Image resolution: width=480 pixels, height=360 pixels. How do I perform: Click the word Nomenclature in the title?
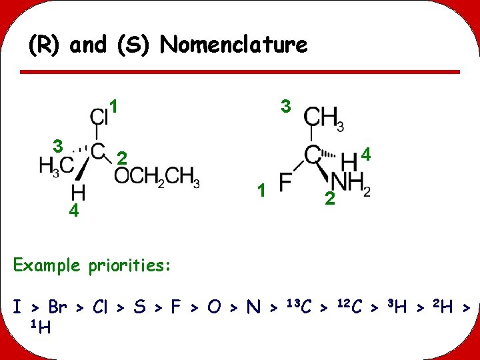click(x=234, y=45)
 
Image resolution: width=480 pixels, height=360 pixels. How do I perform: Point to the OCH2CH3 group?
click(x=157, y=177)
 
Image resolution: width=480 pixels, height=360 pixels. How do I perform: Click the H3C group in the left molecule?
click(x=57, y=165)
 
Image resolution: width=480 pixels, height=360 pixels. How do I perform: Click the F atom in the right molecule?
click(x=285, y=182)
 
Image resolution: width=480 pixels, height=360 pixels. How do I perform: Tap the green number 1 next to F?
click(x=263, y=191)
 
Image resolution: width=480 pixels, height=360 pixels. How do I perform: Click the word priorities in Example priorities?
click(x=130, y=265)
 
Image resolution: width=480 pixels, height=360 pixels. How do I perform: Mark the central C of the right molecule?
click(x=312, y=155)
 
